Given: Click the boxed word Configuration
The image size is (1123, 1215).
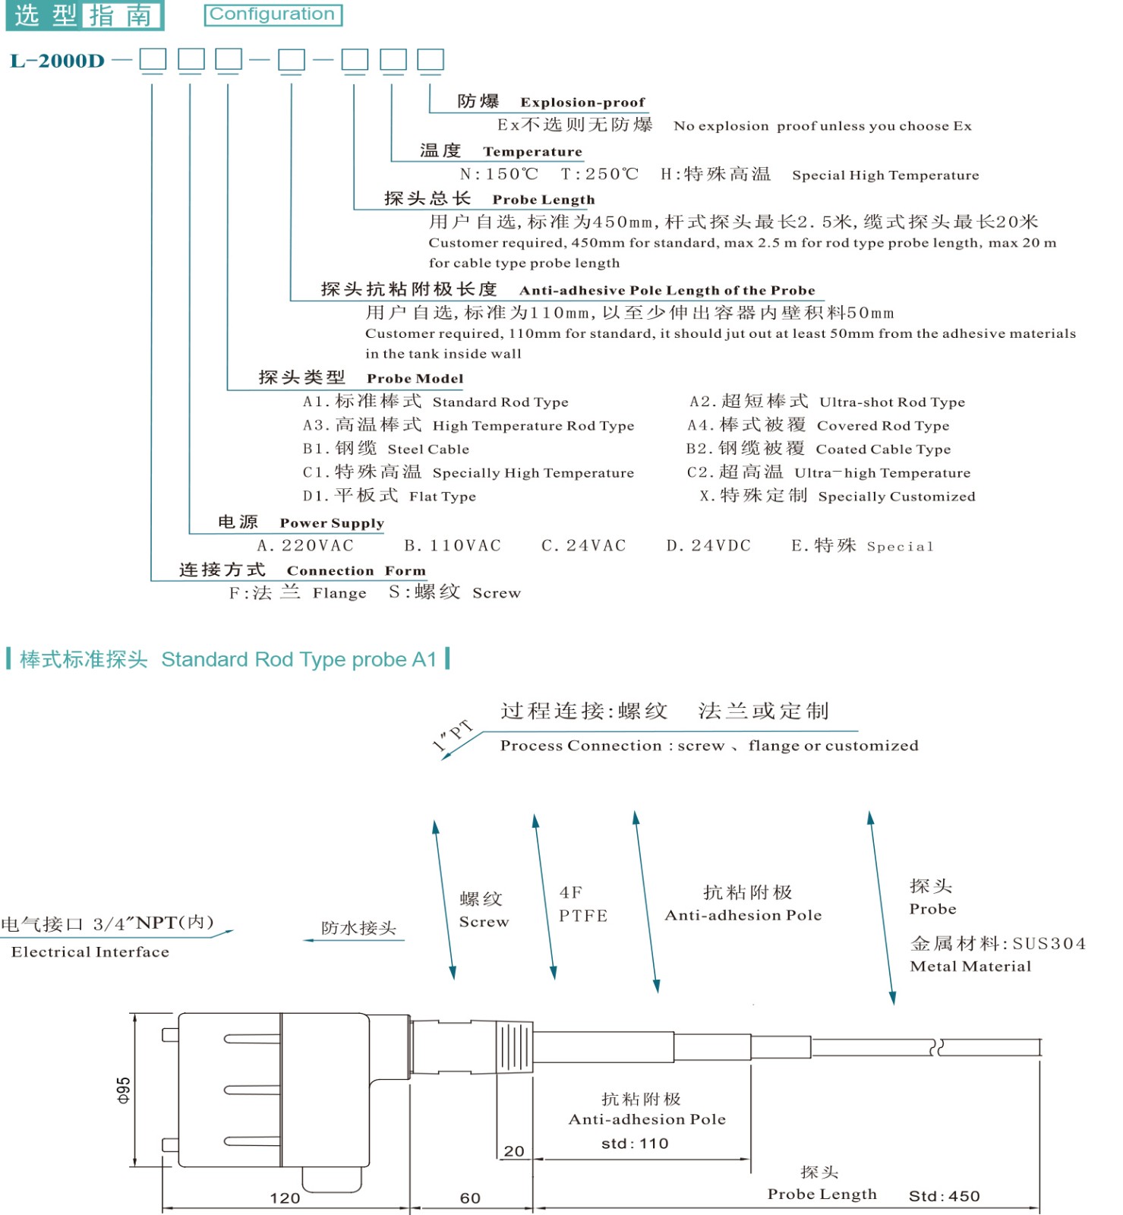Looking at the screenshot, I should (x=273, y=14).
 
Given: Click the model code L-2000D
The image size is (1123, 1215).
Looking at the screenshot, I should (x=58, y=62).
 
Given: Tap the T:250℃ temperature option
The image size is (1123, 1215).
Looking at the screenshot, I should (x=599, y=175).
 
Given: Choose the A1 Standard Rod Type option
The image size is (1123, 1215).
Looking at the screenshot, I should (x=435, y=402).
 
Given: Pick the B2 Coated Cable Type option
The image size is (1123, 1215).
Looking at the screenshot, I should (x=818, y=449).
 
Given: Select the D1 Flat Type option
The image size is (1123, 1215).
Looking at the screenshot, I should (x=389, y=496).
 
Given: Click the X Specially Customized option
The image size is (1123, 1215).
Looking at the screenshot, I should (x=837, y=496).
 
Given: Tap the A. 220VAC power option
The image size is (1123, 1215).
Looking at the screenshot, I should (x=305, y=546).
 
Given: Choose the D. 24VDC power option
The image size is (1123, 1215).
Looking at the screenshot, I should (x=708, y=546).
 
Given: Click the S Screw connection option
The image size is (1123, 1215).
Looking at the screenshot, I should (x=454, y=593).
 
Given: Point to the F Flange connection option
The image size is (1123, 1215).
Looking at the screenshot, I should (x=298, y=593).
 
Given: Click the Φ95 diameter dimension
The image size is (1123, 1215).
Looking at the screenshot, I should (x=123, y=1090).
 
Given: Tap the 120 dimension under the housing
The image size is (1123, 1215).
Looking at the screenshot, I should (x=285, y=1198).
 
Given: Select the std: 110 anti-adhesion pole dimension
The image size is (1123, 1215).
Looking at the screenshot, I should (x=635, y=1144).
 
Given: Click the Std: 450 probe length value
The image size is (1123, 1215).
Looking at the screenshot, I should (x=944, y=1196).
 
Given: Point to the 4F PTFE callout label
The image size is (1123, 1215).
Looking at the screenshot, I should (x=583, y=904).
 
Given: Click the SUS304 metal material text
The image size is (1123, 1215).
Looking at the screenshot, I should (x=1049, y=944).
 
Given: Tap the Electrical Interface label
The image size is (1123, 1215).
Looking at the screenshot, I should (x=90, y=952).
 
